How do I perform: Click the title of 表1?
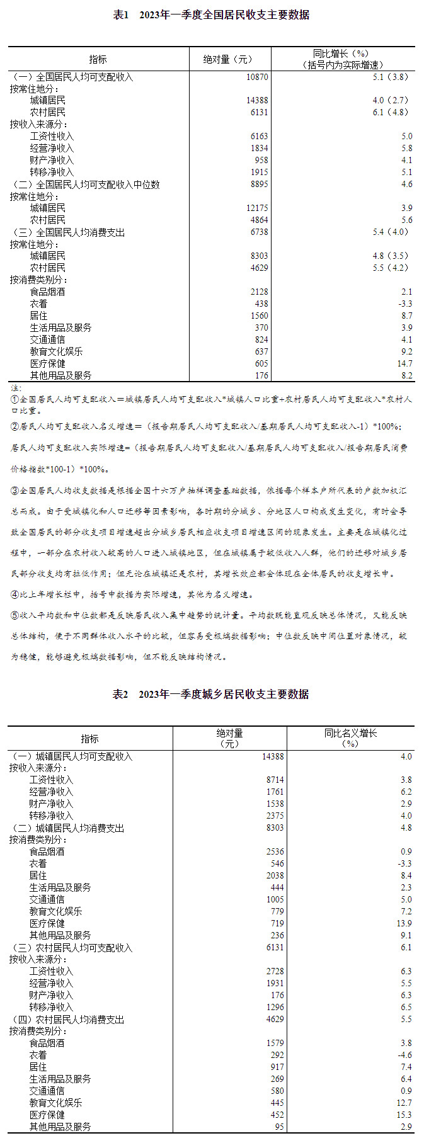211,14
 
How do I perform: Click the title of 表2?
211,694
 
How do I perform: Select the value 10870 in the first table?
257,77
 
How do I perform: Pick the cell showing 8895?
258,185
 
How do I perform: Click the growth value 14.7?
404,363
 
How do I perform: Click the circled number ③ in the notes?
14,490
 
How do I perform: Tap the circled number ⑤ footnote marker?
14,615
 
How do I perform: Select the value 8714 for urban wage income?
275,780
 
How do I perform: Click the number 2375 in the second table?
275,816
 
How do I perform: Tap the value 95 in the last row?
278,1127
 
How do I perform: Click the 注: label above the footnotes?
16,387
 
